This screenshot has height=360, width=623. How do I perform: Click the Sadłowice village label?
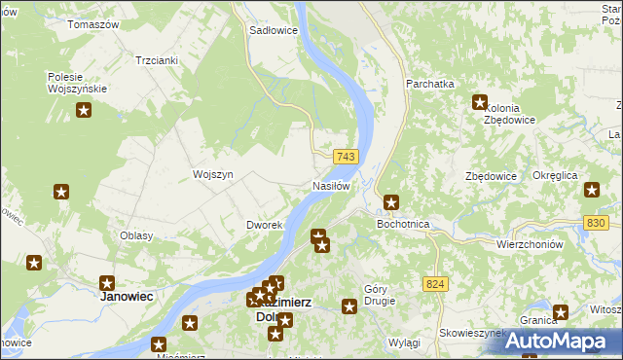tap(273, 30)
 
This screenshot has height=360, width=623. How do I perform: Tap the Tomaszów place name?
tap(92, 23)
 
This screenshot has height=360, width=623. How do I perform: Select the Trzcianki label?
tap(157, 59)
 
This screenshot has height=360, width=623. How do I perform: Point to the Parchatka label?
tap(431, 84)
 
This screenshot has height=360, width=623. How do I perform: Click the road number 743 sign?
tap(347, 157)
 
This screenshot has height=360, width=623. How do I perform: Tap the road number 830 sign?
tap(598, 223)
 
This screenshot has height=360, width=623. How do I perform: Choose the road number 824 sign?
tap(436, 283)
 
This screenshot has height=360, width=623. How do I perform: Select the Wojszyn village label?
tap(212, 174)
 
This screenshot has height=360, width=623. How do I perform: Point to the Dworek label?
tap(264, 225)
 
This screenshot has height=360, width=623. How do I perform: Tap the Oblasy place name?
tap(135, 236)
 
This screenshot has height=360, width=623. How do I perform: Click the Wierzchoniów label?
tap(531, 244)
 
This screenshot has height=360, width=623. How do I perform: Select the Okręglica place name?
tap(556, 175)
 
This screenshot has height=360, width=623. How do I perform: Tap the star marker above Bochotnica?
tap(391, 202)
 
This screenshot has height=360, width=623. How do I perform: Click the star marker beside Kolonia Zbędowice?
tap(480, 101)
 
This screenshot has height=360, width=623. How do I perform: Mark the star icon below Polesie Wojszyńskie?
tap(83, 111)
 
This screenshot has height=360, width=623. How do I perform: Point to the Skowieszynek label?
tap(472, 332)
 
